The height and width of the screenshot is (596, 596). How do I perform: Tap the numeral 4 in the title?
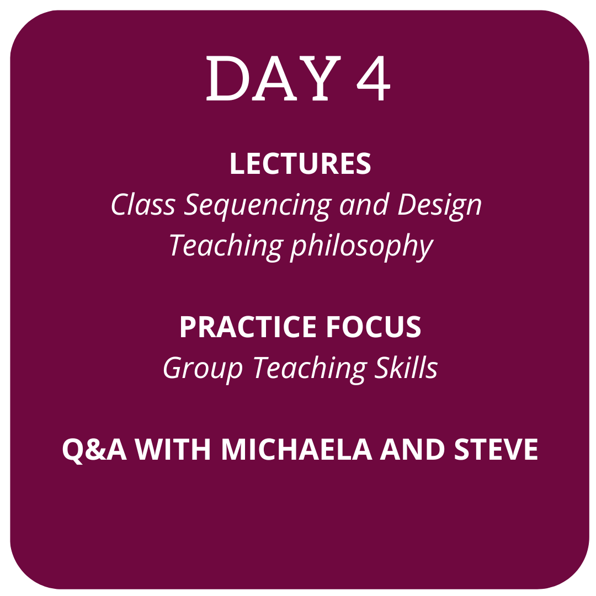click(373, 78)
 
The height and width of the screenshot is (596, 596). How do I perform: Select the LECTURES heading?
click(300, 163)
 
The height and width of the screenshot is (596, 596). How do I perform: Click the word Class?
click(143, 205)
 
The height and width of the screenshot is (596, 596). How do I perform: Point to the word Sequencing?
click(257, 206)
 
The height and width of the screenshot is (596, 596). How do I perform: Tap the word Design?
click(439, 206)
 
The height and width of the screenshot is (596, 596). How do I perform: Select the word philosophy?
click(362, 247)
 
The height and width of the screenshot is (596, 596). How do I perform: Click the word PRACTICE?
click(248, 327)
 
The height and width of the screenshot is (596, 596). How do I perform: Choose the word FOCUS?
click(373, 327)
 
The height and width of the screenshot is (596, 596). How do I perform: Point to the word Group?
click(203, 369)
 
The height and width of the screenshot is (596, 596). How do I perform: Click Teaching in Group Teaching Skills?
click(310, 369)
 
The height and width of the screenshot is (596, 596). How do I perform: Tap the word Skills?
click(406, 367)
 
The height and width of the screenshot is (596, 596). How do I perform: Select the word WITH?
click(173, 449)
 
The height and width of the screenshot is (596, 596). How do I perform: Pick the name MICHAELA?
click(296, 449)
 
